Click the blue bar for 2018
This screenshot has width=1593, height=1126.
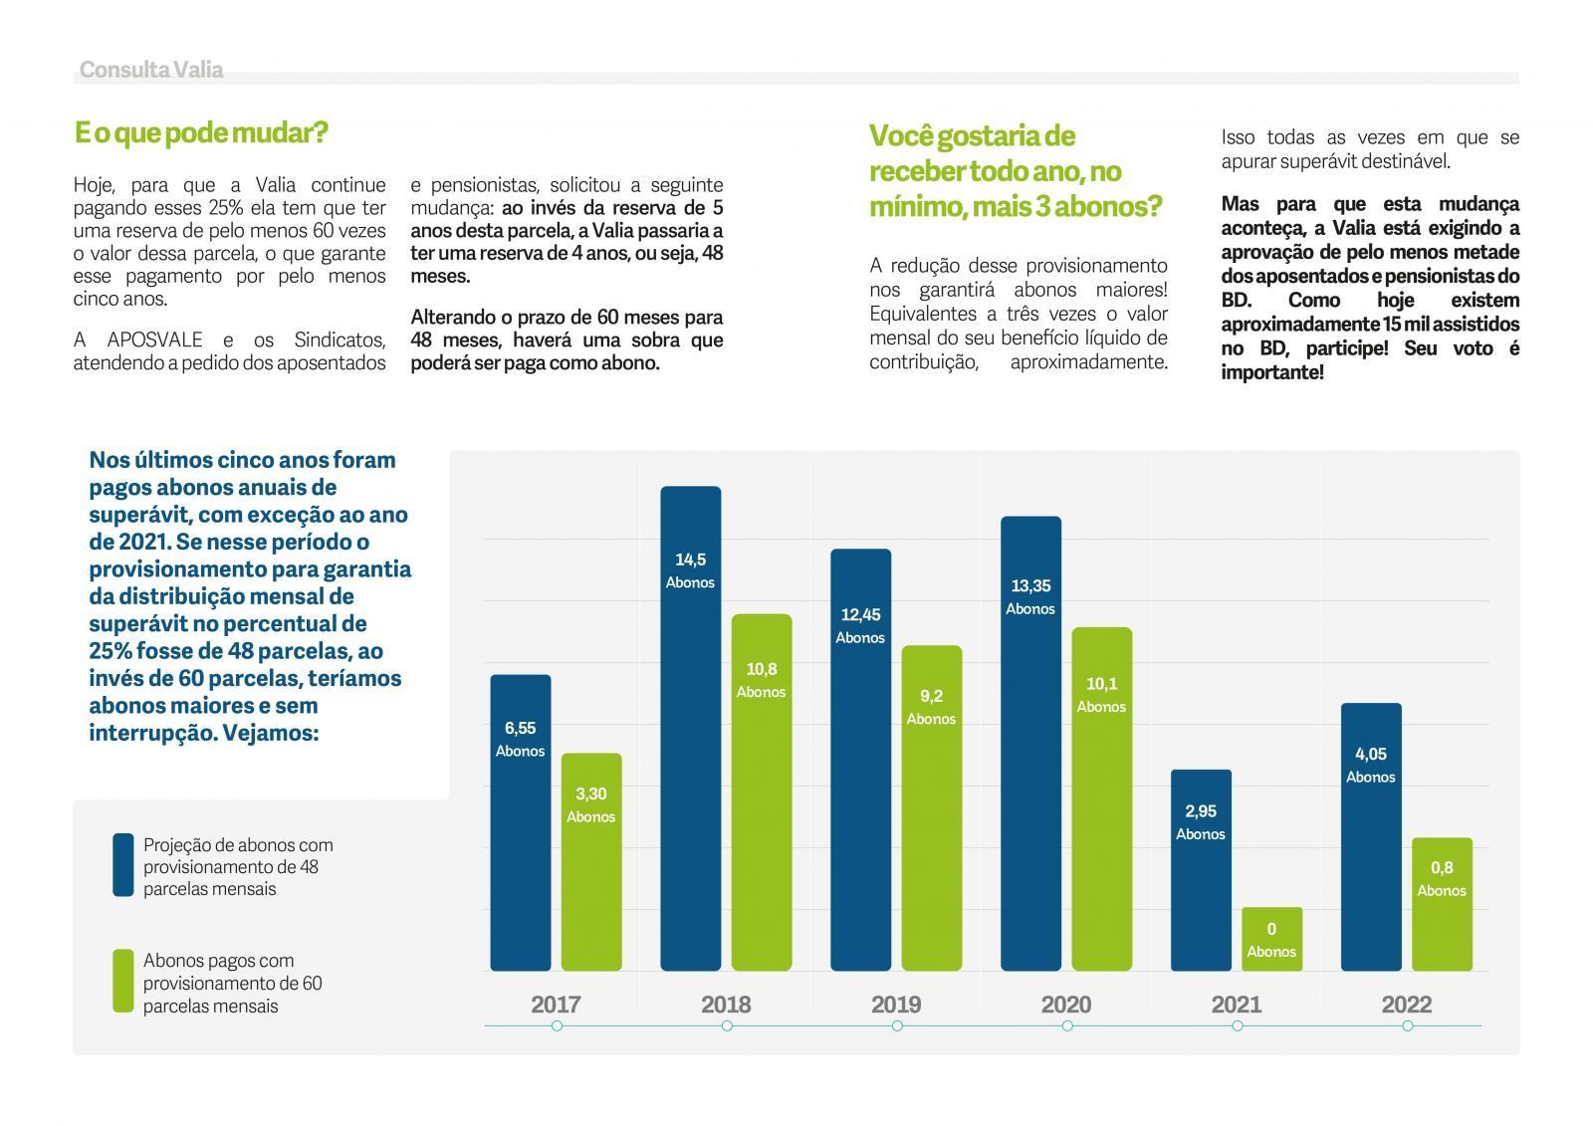pyautogui.click(x=691, y=729)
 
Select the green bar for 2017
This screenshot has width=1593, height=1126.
pyautogui.click(x=591, y=862)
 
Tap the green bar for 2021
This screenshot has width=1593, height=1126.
pyautogui.click(x=1272, y=939)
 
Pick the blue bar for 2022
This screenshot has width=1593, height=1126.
pyautogui.click(x=1371, y=837)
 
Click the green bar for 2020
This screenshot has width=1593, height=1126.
pyautogui.click(x=1102, y=798)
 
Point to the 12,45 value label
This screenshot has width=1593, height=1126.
pyautogui.click(x=860, y=614)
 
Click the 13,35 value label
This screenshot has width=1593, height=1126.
pyautogui.click(x=1031, y=586)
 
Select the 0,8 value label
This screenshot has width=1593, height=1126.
pyautogui.click(x=1443, y=868)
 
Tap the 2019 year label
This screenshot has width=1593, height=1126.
pyautogui.click(x=896, y=1005)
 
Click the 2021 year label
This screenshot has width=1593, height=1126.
pyautogui.click(x=1237, y=1005)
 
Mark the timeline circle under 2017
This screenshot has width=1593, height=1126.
pyautogui.click(x=557, y=1025)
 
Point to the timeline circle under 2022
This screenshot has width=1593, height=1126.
pyautogui.click(x=1408, y=1025)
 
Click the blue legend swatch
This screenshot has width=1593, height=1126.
pyautogui.click(x=123, y=865)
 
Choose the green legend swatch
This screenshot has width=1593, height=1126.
pyautogui.click(x=123, y=981)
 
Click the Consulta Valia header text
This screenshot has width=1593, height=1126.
pyautogui.click(x=151, y=70)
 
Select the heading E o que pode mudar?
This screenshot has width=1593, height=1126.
pyautogui.click(x=201, y=133)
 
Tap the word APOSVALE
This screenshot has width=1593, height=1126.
pyautogui.click(x=155, y=340)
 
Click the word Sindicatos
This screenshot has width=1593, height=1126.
pyautogui.click(x=340, y=340)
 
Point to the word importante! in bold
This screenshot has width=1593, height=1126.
pyautogui.click(x=1272, y=372)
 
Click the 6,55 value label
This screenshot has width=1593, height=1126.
pyautogui.click(x=521, y=729)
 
